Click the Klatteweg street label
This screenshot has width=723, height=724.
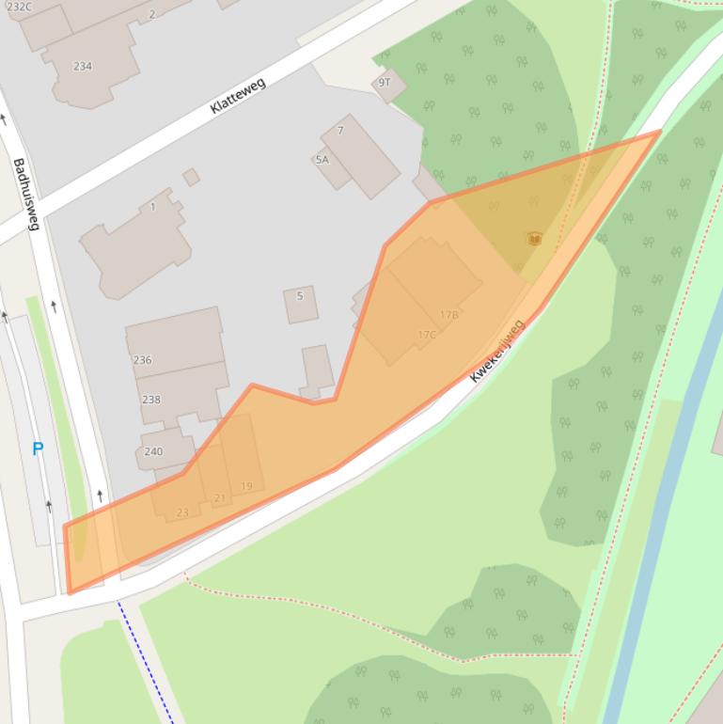pos(238,96)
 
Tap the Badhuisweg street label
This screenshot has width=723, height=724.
pos(25,195)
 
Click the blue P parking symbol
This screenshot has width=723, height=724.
pos(38,449)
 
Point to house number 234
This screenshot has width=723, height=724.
pos(83,66)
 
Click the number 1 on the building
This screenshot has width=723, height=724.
pos(152,207)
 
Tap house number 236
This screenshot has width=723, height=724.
pos(143,360)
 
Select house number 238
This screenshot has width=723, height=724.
pos(150,400)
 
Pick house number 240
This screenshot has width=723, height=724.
pos(153,451)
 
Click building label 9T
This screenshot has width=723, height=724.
pos(384,83)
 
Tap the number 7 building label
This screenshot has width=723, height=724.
pos(340,131)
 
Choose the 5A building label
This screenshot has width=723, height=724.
pos(322,160)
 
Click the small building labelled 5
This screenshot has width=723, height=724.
pos(300,296)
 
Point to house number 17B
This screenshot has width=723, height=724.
pos(448,315)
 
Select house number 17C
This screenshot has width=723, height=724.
pos(426,335)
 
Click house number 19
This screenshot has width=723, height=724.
pos(246,486)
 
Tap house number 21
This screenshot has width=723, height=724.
pos(219,498)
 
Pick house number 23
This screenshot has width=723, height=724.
pos(182,512)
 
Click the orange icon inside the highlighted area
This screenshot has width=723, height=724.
pos(534,240)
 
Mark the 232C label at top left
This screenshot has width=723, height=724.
pos(19,7)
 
